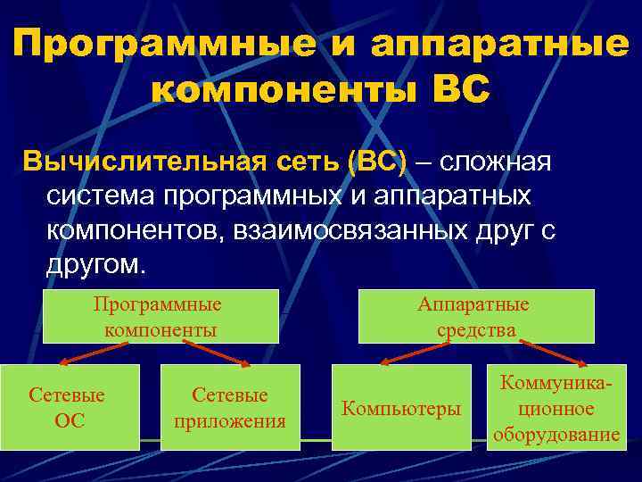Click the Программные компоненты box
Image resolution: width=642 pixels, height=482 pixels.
(160, 317)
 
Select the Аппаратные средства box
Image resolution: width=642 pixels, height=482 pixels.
(476, 317)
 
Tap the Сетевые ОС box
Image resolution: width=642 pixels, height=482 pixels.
(68, 407)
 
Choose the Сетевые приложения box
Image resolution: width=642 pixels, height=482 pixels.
(230, 407)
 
